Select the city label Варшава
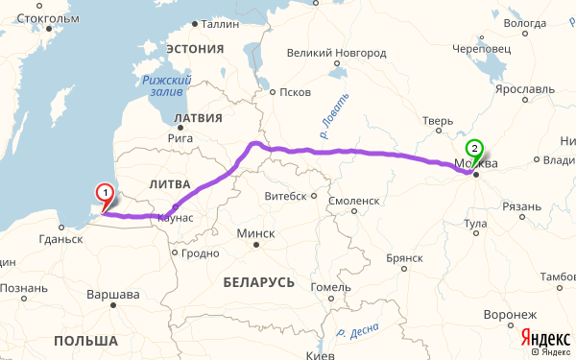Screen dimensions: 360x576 coord(113,294)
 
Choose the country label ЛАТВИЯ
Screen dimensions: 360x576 coord(198,118)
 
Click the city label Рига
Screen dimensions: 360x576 coord(180,138)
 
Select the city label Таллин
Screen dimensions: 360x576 coord(220,25)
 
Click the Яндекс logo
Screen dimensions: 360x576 coord(544,337)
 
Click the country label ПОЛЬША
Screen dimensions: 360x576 coord(85,341)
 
